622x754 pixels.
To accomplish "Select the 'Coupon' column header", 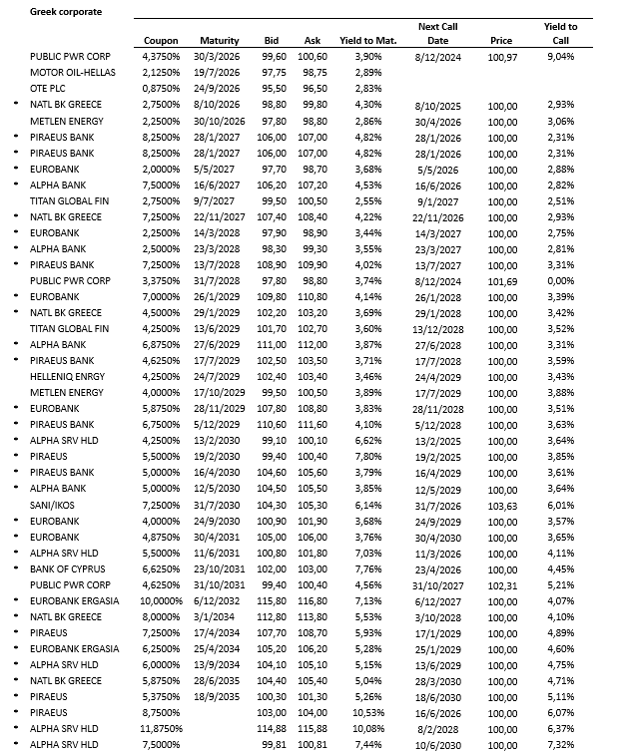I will [161, 40].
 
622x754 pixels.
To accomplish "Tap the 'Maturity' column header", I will [219, 40].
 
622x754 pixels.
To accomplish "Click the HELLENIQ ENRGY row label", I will [69, 376].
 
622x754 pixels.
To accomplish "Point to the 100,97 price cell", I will [503, 58].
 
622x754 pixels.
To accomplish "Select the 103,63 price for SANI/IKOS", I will [503, 507].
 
